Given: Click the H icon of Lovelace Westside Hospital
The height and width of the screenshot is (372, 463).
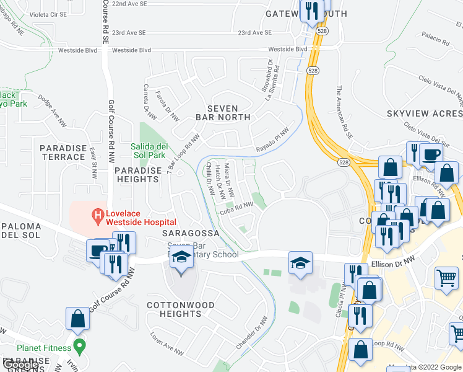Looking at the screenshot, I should pos(97,216).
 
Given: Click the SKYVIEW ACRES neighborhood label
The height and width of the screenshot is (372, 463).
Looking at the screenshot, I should pos(424,113).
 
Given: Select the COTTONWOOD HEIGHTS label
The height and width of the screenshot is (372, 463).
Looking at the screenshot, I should pos(181,309).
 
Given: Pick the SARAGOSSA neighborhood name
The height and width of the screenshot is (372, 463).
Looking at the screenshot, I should pos(191,233).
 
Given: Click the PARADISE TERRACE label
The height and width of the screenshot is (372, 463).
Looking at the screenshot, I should pos(63,153).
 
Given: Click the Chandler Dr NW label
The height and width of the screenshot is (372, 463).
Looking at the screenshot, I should pos(252,333).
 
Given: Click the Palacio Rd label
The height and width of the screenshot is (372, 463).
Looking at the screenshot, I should pos(437,40).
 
